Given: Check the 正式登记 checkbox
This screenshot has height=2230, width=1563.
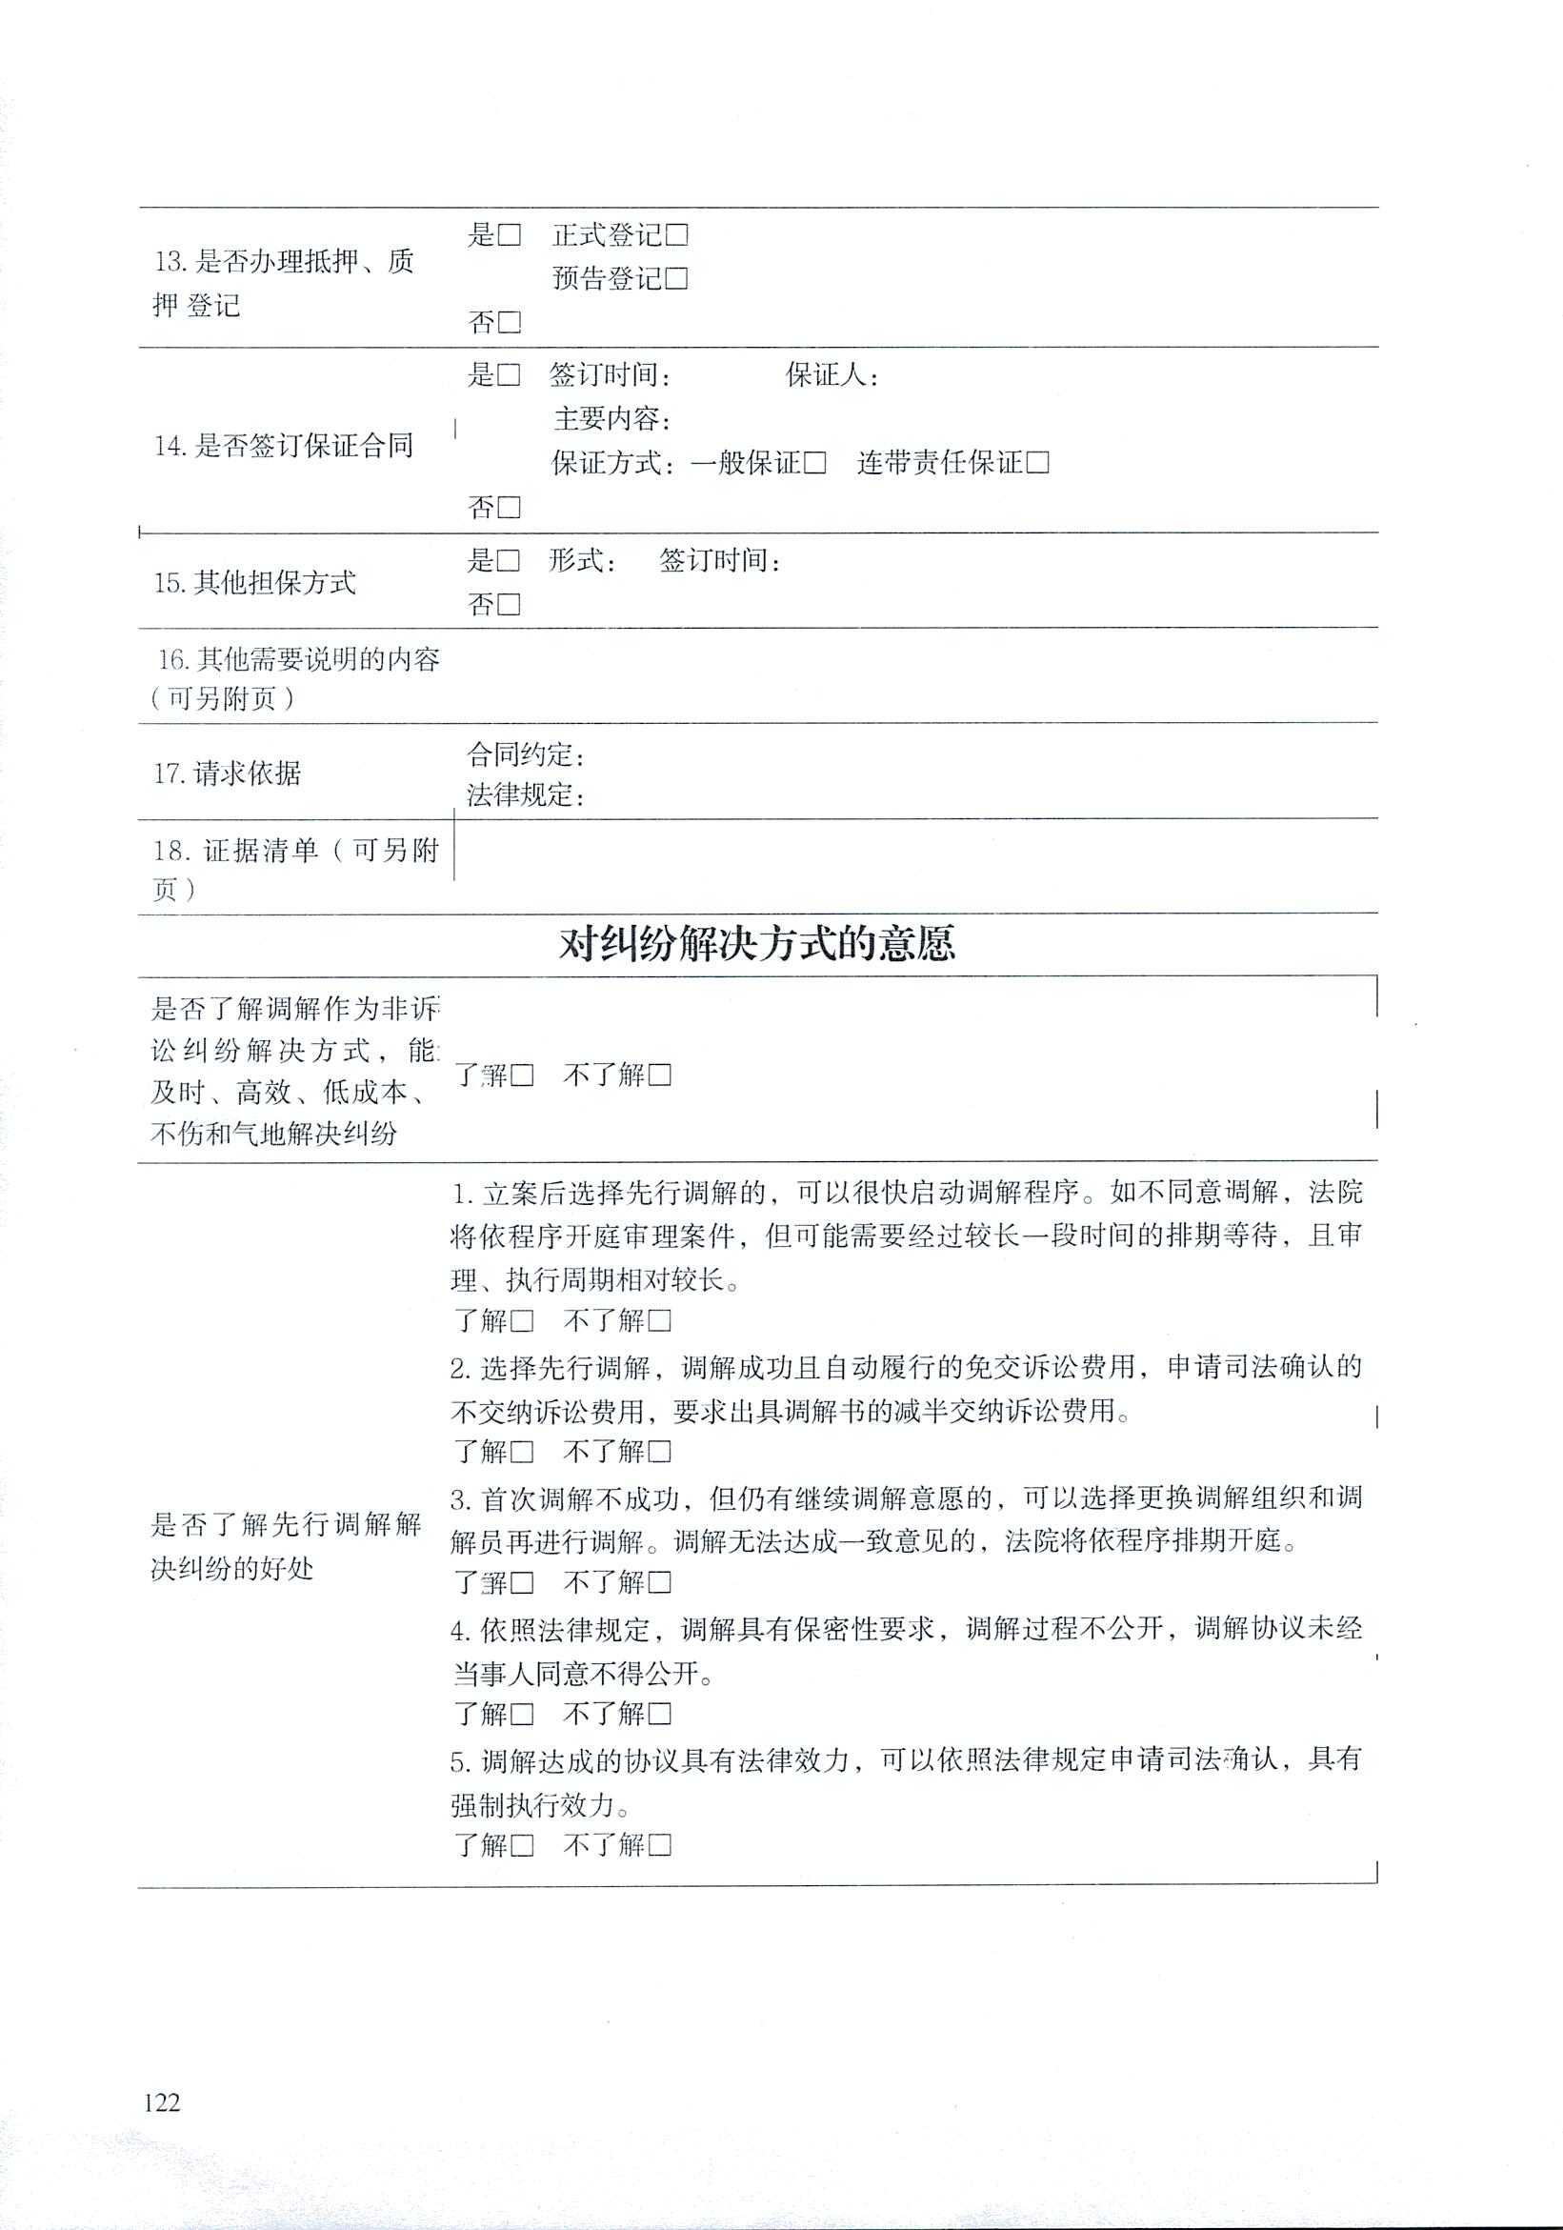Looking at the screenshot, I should [676, 235].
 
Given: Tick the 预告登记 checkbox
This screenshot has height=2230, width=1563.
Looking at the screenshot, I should [676, 279].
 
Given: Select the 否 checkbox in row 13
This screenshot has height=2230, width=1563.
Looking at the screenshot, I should [509, 323].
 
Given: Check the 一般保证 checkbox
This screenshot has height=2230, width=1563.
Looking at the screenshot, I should [814, 463].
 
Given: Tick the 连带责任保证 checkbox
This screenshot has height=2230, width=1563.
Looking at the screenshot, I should [1037, 463].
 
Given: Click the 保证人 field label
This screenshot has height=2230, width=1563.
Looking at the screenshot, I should [831, 375].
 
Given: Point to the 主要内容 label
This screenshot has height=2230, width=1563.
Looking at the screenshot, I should [611, 419].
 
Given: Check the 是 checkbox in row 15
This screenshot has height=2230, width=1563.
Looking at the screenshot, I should [509, 561].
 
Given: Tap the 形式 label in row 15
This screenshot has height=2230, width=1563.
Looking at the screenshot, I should [581, 561].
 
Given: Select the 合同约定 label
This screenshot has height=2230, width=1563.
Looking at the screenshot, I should [525, 754].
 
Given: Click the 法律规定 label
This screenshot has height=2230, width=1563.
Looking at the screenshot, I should [525, 796].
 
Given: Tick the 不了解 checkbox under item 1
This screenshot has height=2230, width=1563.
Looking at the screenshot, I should [660, 1321].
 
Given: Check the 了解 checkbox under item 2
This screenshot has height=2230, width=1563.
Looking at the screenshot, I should [522, 1452].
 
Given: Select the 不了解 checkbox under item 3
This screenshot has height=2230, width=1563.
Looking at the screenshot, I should [660, 1583].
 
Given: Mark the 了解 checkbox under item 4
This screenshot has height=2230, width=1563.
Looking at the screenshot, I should [522, 1715].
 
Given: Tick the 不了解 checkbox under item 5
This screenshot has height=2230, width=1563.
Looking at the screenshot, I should [660, 1845].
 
